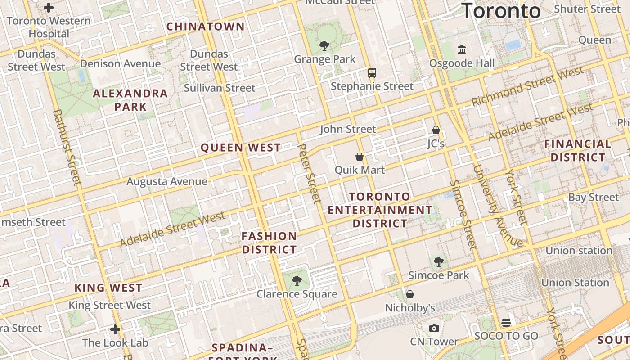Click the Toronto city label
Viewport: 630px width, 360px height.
click(501, 10)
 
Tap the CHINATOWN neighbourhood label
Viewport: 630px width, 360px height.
click(206, 27)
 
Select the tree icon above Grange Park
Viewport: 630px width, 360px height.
click(324, 45)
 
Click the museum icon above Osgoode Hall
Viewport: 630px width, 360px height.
click(462, 49)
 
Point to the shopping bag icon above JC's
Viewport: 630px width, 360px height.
click(436, 130)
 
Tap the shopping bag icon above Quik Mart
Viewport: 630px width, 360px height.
click(360, 157)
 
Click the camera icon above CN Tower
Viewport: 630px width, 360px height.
click(434, 328)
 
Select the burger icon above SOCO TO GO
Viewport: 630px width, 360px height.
click(506, 322)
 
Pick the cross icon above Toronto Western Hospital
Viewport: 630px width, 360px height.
click(49, 8)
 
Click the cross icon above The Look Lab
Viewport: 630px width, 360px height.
click(115, 329)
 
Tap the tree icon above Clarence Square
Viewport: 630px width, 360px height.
click(297, 281)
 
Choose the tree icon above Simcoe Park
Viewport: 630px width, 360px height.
click(438, 262)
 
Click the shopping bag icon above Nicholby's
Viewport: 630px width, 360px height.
click(410, 294)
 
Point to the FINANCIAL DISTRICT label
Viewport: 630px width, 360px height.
click(578, 151)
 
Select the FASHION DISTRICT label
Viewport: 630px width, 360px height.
click(269, 243)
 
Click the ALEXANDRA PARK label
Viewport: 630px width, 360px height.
click(130, 100)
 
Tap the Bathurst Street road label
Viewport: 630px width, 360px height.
click(67, 147)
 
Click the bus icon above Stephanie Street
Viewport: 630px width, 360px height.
click(372, 72)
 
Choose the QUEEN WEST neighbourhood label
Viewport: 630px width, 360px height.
click(241, 148)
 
